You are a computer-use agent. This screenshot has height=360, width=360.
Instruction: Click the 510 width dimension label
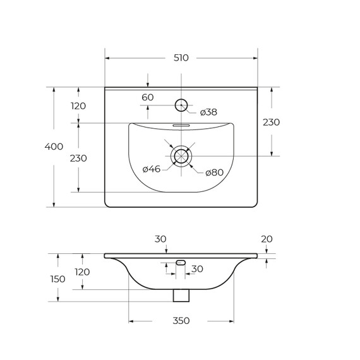[181, 58]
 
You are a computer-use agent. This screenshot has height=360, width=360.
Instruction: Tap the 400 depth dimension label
[54, 147]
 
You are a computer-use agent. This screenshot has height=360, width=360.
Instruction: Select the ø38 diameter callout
[208, 112]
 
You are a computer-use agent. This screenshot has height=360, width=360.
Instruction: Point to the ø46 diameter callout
[152, 169]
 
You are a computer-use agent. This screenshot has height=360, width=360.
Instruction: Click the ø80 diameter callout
[215, 172]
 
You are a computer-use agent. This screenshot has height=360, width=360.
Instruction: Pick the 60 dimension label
[147, 97]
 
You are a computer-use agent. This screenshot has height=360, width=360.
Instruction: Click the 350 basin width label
[181, 320]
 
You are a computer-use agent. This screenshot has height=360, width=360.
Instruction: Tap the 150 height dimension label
[58, 279]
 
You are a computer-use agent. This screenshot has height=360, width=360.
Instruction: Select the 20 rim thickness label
[267, 239]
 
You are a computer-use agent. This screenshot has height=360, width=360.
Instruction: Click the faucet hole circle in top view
[181, 99]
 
